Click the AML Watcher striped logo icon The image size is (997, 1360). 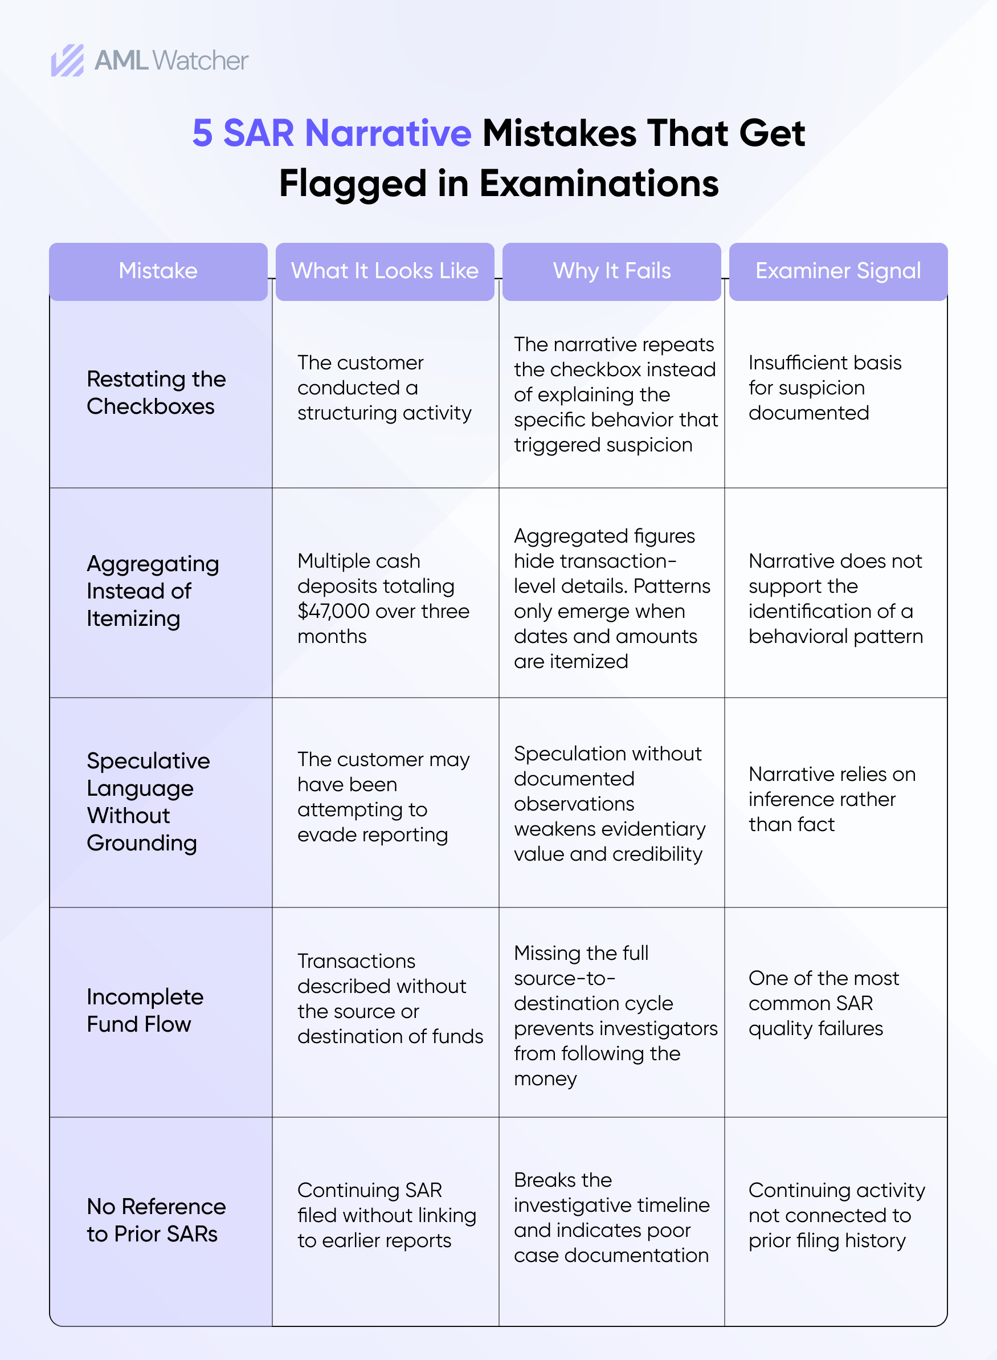pyautogui.click(x=67, y=60)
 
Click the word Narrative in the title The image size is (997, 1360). pyautogui.click(x=388, y=133)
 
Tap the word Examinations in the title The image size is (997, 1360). pyautogui.click(x=599, y=184)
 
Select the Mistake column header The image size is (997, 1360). pyautogui.click(x=158, y=271)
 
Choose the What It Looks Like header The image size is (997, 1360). pyautogui.click(x=385, y=271)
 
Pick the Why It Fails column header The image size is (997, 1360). pyautogui.click(x=611, y=271)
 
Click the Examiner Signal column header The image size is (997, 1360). pyautogui.click(x=837, y=271)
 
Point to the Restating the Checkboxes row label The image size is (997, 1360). pyautogui.click(x=156, y=392)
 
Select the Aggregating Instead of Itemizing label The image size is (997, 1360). pyautogui.click(x=152, y=591)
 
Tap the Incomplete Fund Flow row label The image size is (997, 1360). pyautogui.click(x=145, y=1011)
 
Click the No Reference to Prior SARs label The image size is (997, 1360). pyautogui.click(x=156, y=1220)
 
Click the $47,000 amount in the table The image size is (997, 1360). pyautogui.click(x=332, y=611)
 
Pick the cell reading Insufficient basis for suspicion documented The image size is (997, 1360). pyautogui.click(x=824, y=388)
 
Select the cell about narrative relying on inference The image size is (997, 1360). pyautogui.click(x=831, y=799)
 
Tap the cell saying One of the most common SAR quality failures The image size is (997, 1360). pyautogui.click(x=823, y=1003)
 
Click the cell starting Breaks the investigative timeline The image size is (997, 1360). pyautogui.click(x=611, y=1218)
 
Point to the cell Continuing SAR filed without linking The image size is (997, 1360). pyautogui.click(x=386, y=1215)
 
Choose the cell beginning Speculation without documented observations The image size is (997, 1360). pyautogui.click(x=609, y=804)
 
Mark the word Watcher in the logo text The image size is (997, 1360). pyautogui.click(x=201, y=61)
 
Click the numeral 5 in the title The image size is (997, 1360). pyautogui.click(x=202, y=133)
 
